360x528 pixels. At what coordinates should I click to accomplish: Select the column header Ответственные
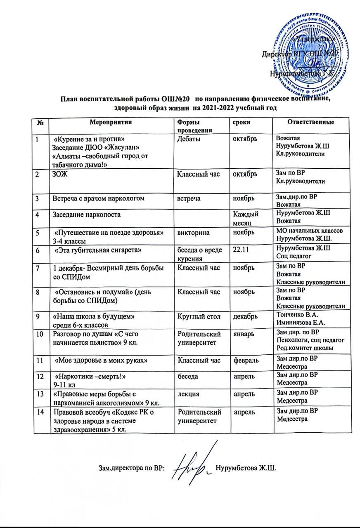pyautogui.click(x=310, y=122)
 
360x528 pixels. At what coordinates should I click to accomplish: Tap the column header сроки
pyautogui.click(x=242, y=123)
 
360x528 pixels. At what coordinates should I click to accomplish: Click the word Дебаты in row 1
pyautogui.click(x=189, y=139)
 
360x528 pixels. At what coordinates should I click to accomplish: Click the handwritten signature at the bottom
pyautogui.click(x=194, y=467)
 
